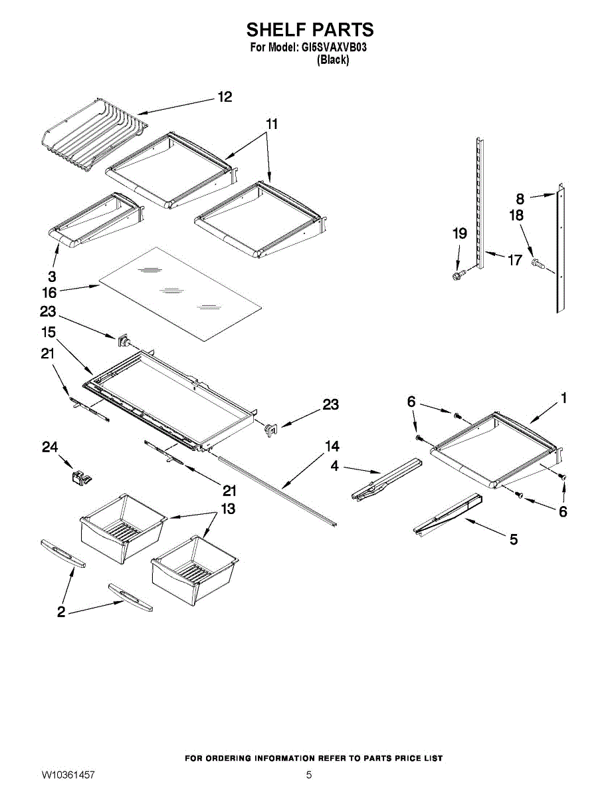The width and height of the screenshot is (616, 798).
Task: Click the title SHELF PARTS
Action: pyautogui.click(x=310, y=30)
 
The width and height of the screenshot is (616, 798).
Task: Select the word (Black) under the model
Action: pyautogui.click(x=333, y=60)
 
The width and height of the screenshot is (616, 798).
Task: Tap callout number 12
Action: pyautogui.click(x=225, y=97)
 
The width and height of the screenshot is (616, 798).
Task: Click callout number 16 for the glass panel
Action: pyautogui.click(x=49, y=291)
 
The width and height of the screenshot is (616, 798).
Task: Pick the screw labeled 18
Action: pyautogui.click(x=537, y=264)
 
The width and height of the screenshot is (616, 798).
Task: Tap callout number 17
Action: pyautogui.click(x=515, y=260)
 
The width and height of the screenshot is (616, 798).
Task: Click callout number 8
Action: pyautogui.click(x=520, y=198)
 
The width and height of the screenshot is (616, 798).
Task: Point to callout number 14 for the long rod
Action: pyautogui.click(x=332, y=446)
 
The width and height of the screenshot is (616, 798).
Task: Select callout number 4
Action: pyautogui.click(x=335, y=467)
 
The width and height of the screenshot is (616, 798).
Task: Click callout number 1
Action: pyautogui.click(x=563, y=398)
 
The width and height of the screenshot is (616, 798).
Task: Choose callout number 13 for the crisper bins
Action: pyautogui.click(x=228, y=509)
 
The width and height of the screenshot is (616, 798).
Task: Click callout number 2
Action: pyautogui.click(x=61, y=612)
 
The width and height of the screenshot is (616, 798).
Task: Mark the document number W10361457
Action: pyautogui.click(x=68, y=775)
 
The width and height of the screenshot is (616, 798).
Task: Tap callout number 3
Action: pyautogui.click(x=52, y=275)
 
